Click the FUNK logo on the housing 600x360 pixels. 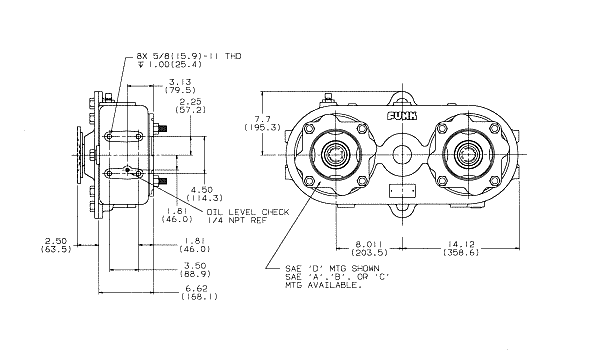402,116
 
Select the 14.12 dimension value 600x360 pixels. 461,244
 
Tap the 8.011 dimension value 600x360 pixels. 369,244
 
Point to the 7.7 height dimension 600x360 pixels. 262,119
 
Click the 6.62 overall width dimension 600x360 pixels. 199,288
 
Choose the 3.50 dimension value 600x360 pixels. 195,266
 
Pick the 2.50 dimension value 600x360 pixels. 56,241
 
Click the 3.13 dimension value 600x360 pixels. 180,82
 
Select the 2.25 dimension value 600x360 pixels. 190,102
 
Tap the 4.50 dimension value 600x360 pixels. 202,190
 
